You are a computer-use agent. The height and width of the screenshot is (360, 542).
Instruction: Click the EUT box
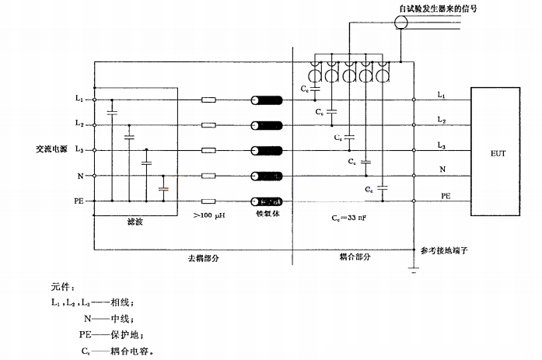tap(498, 153)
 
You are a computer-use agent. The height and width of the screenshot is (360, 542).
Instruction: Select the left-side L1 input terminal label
tap(79, 99)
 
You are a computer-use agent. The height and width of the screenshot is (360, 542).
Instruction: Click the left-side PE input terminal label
tap(79, 201)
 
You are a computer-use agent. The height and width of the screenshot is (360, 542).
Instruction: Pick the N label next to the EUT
tap(442, 168)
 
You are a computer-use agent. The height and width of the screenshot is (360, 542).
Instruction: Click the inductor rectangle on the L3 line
tap(208, 150)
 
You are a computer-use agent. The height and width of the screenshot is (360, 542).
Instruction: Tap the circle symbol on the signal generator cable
tap(401, 21)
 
